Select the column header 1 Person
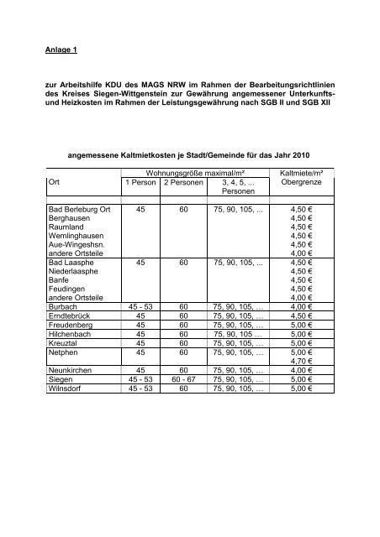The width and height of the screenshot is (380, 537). point(140,182)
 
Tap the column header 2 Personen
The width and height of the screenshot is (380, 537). point(186,182)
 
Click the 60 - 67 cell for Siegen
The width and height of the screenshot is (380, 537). point(186,403)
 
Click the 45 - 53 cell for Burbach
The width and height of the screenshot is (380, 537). point(140,306)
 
